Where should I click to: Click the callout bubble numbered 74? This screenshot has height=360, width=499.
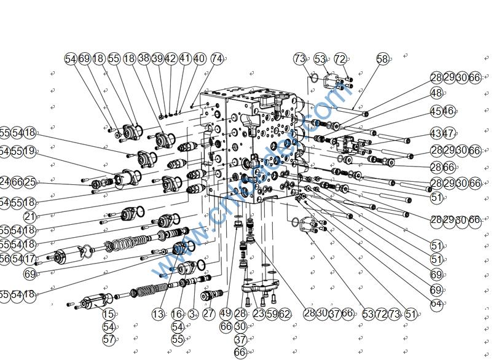tap(217, 58)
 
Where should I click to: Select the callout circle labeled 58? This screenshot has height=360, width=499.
tap(383, 59)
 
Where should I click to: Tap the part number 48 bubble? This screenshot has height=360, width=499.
tap(436, 93)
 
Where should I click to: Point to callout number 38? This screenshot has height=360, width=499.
tap(144, 58)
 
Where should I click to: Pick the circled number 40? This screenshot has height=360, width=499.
tap(199, 58)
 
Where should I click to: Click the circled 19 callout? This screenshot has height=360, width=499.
tap(29, 151)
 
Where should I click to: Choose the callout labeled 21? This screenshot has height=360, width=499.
tap(30, 216)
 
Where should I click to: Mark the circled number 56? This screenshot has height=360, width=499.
tap(5, 259)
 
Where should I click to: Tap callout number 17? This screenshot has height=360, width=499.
tap(29, 259)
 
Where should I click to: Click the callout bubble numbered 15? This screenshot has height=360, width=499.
tap(109, 314)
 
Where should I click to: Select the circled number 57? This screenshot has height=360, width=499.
tap(109, 338)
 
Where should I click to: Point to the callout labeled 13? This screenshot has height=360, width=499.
tap(159, 314)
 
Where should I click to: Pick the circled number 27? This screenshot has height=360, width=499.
tap(209, 314)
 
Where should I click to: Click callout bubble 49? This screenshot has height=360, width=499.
tap(226, 314)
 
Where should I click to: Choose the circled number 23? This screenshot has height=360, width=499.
tap(259, 314)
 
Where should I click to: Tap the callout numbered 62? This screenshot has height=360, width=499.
tap(284, 314)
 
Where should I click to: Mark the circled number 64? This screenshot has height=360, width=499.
tap(436, 303)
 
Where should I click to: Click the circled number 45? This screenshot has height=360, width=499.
tap(436, 111)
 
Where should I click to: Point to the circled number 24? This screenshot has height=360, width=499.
tap(5, 182)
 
